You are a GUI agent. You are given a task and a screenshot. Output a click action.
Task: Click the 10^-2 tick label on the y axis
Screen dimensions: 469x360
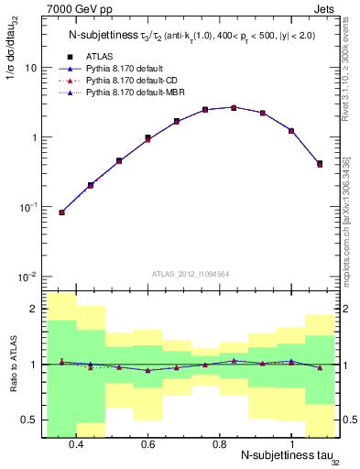point(26,277)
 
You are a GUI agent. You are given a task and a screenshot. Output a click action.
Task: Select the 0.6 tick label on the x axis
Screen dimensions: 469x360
point(147,445)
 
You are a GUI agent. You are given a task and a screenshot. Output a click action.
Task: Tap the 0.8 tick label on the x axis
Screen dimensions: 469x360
point(219,445)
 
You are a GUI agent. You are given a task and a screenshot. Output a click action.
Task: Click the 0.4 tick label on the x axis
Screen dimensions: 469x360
point(76,445)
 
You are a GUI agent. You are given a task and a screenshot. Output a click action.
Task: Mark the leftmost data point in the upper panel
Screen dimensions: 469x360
point(61,213)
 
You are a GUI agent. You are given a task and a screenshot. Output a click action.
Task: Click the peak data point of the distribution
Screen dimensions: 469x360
point(234,107)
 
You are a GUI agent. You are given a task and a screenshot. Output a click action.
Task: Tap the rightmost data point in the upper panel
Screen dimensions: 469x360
point(320,164)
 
